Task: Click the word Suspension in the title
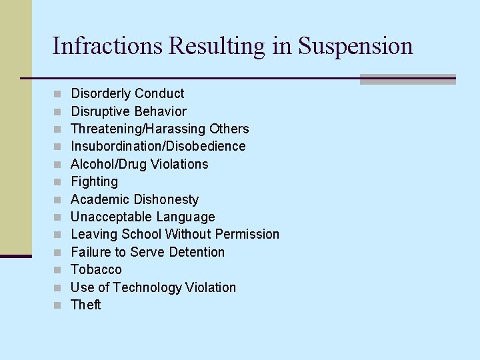tap(356, 46)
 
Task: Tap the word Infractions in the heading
tap(107, 46)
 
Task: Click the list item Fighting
tap(94, 181)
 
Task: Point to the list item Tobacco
tap(96, 269)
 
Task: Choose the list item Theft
tap(86, 305)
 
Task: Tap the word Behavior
tap(160, 111)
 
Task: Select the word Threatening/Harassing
tap(138, 129)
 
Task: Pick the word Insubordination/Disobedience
tap(158, 146)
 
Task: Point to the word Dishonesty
tap(166, 199)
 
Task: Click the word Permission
tap(247, 234)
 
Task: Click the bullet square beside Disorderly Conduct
tap(58, 94)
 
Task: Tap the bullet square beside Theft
tap(58, 305)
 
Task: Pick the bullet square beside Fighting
tap(58, 182)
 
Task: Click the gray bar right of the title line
tap(407, 79)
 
